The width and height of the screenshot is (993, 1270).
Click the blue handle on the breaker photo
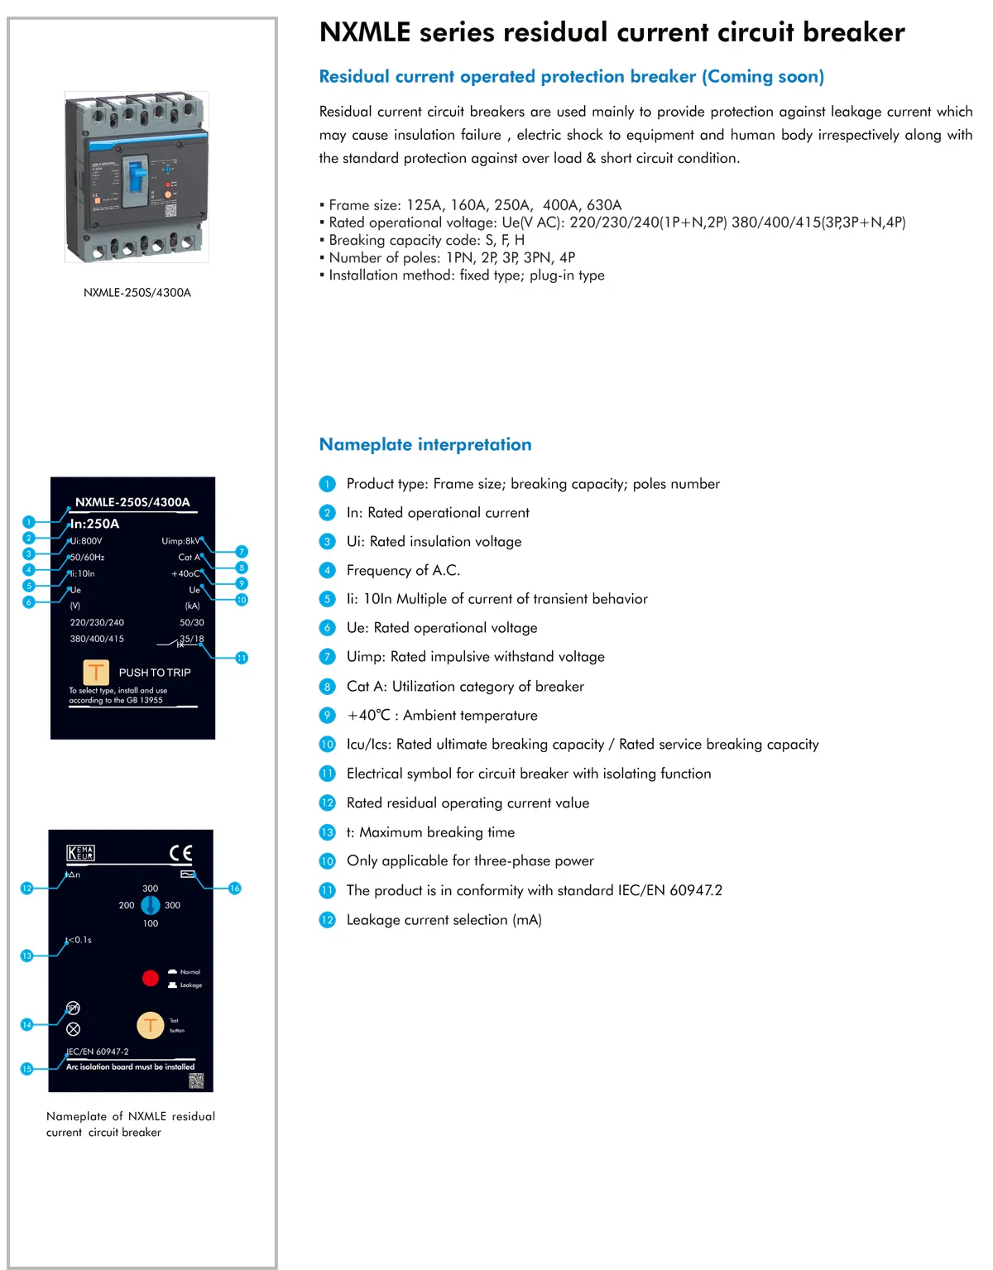coord(136,181)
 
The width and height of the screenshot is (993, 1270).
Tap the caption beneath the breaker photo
coord(137,293)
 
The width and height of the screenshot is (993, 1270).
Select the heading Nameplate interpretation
coord(425,444)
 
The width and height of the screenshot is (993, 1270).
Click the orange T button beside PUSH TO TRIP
coord(96,672)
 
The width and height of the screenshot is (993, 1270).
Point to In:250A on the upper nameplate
coord(95,524)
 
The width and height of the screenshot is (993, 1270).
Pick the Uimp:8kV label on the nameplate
coord(180,541)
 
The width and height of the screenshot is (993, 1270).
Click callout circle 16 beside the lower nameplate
coord(235,889)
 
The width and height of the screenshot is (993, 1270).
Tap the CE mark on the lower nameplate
coord(181,853)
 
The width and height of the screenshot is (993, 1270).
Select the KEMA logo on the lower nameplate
coord(80,853)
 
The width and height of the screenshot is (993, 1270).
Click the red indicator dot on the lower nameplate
coord(151,979)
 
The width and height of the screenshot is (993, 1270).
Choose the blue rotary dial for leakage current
coord(151,905)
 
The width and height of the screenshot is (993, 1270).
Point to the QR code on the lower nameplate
coord(196,1081)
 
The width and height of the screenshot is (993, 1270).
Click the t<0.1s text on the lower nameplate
coord(80,940)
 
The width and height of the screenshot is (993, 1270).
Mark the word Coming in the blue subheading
coord(739,77)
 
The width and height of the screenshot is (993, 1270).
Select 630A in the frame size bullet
coord(604,205)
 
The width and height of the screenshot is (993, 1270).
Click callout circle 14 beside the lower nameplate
coord(26,1025)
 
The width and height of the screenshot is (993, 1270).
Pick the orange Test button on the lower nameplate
coord(151,1026)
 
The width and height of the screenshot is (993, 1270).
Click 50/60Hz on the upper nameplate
coord(88,558)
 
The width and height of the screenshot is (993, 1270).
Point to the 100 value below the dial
coord(151,923)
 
